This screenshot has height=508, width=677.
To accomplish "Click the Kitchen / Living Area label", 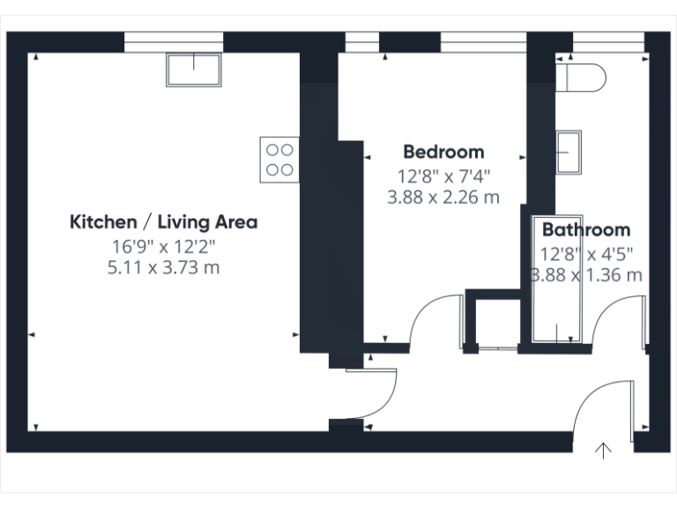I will pyautogui.click(x=163, y=221).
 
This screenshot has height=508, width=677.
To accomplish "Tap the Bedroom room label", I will pyautogui.click(x=443, y=152).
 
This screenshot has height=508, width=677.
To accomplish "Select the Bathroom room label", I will pyautogui.click(x=585, y=230).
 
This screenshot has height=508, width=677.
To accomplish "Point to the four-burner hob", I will pyautogui.click(x=279, y=160).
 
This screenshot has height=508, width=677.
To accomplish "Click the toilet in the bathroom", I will pyautogui.click(x=584, y=78).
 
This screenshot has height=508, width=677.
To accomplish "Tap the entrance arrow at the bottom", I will pyautogui.click(x=604, y=451).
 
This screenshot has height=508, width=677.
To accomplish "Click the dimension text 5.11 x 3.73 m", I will pyautogui.click(x=163, y=267).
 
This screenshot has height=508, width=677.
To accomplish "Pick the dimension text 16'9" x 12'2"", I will pyautogui.click(x=163, y=245).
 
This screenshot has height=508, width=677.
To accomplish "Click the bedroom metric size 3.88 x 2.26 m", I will pyautogui.click(x=443, y=198).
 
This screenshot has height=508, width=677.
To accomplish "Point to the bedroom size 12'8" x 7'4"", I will pyautogui.click(x=443, y=176).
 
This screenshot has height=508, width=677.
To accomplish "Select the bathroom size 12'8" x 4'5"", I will pyautogui.click(x=585, y=254).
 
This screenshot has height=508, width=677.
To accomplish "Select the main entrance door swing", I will pyautogui.click(x=604, y=406).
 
